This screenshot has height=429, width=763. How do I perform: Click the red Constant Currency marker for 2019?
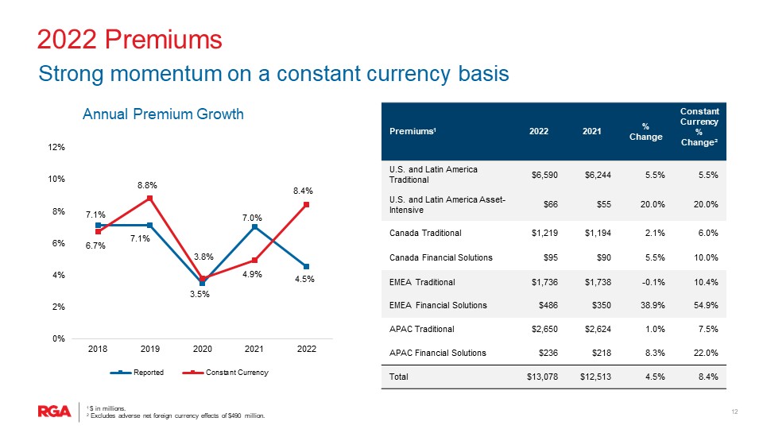(149, 198)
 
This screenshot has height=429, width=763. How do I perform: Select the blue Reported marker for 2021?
(254, 227)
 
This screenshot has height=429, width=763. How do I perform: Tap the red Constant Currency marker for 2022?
(306, 205)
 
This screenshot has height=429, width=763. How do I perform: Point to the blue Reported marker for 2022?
(306, 266)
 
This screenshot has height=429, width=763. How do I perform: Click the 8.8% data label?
(145, 184)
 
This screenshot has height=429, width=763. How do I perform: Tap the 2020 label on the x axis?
(202, 349)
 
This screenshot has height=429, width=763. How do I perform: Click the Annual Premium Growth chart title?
(163, 115)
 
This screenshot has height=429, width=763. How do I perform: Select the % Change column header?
(645, 131)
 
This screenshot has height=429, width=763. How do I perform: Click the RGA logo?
(54, 411)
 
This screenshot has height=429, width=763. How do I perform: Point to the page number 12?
(734, 411)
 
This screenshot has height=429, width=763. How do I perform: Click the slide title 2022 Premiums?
(130, 39)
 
